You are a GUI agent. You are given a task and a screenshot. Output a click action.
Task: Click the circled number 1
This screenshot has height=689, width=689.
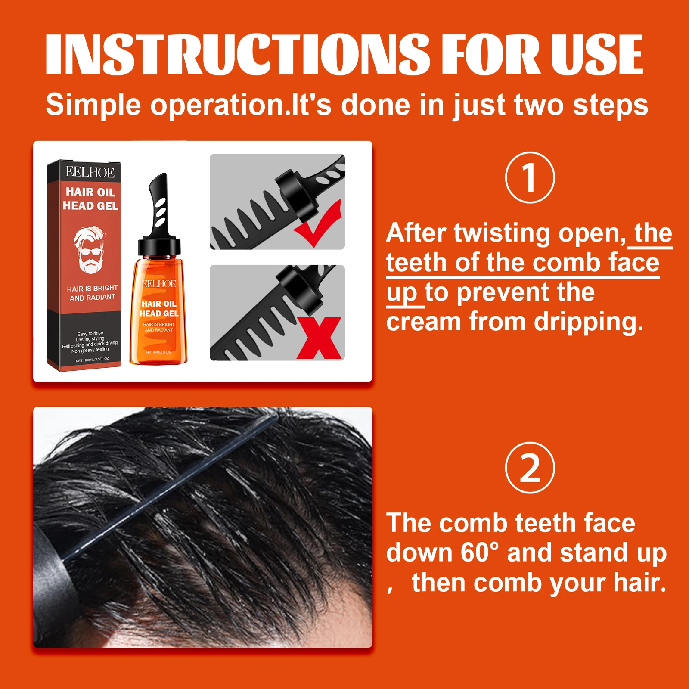coord(530,177)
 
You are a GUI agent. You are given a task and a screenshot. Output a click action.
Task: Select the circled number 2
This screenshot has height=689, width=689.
coord(530,468)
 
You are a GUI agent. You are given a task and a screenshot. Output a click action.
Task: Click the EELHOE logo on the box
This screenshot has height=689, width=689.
coord(90,172)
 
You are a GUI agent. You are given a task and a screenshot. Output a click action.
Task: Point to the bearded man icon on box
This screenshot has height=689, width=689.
coord(90,250)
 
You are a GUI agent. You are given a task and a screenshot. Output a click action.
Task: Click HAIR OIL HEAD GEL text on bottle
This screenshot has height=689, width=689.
coord(159,308)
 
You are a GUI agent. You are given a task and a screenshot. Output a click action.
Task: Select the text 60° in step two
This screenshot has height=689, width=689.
coord(479,552)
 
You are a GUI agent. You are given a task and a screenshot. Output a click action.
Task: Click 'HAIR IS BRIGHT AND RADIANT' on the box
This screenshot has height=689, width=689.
coord(92,293)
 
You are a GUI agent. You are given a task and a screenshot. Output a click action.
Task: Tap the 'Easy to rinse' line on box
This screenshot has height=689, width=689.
coord(90,333)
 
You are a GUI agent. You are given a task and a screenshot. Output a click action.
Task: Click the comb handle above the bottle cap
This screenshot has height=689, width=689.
coord(158,202)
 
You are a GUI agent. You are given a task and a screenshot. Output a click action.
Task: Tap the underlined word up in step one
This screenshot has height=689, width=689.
coord(401,293)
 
